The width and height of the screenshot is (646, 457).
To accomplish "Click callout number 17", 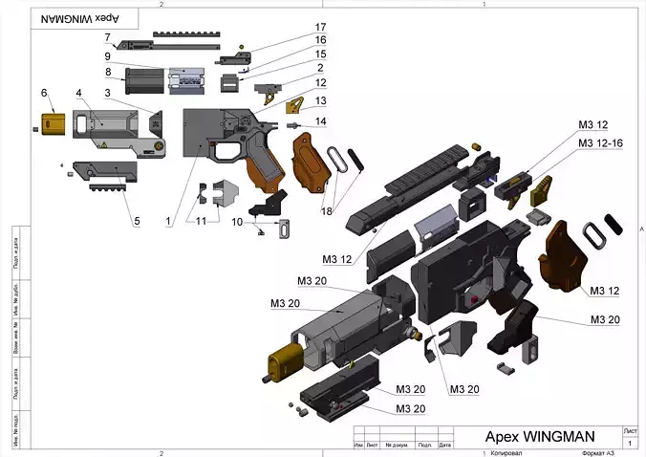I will coord(321,27).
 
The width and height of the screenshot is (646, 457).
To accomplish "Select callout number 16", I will coord(321,40).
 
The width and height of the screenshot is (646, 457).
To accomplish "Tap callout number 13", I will coord(321,100).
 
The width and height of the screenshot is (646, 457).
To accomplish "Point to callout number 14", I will coord(321,121).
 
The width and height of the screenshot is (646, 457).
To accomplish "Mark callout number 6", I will coord(44,92).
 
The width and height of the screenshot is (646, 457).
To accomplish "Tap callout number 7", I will coord(108,38).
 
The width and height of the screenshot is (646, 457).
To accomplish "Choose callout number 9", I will coord(108,55).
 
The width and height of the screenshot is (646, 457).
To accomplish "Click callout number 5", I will coord(136,222).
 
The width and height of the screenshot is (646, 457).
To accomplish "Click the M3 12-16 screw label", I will coord(600,142).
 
